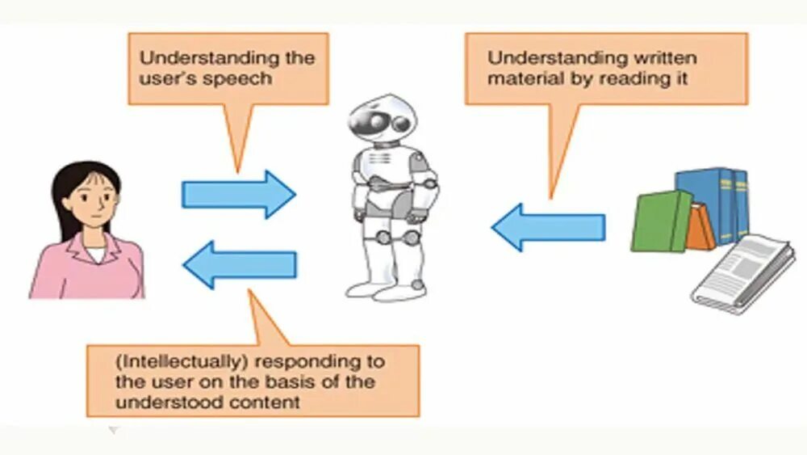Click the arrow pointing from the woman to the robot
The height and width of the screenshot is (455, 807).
pyautogui.click(x=238, y=194)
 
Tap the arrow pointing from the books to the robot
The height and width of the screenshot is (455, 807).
pyautogui.click(x=548, y=227)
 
